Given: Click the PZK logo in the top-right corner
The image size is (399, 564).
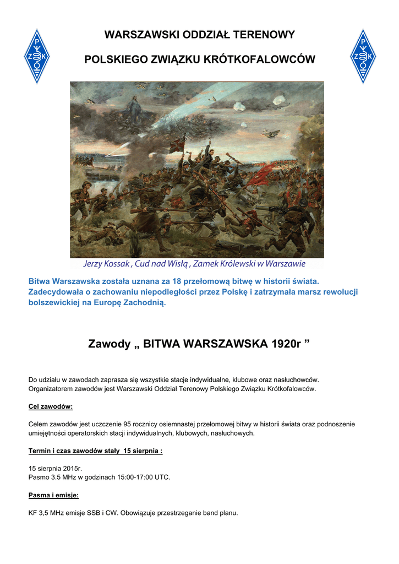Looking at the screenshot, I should (363, 56).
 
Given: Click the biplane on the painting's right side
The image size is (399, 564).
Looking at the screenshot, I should (271, 133).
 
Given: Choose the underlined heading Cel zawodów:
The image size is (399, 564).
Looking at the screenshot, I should (51, 406).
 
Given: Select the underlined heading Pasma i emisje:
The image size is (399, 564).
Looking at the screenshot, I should (53, 495).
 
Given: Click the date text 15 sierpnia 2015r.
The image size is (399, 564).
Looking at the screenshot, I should (55, 468).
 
